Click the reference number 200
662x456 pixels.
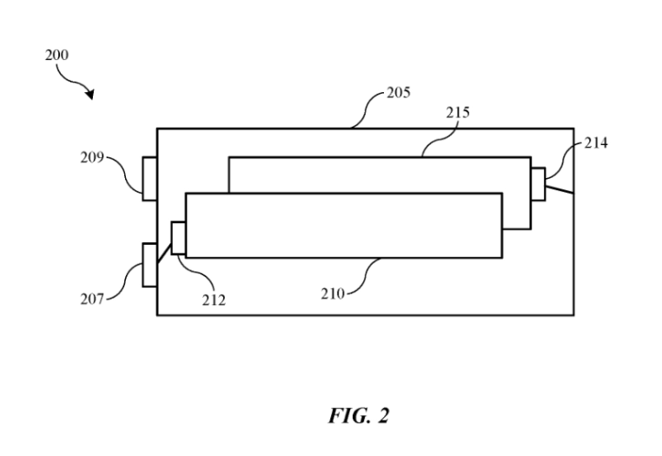(x=56, y=55)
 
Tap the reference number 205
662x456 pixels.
(x=399, y=91)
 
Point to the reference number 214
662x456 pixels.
(x=596, y=142)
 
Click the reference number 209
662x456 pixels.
(x=92, y=158)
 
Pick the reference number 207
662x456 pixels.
(x=93, y=299)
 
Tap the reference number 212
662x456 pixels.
(x=214, y=301)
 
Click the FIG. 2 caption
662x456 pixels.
(x=359, y=415)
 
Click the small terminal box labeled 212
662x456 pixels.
(x=179, y=238)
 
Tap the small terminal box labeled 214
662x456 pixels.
(x=538, y=184)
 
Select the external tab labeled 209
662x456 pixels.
(x=149, y=179)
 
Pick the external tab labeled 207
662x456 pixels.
(x=149, y=265)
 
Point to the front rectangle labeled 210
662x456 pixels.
(x=343, y=225)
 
